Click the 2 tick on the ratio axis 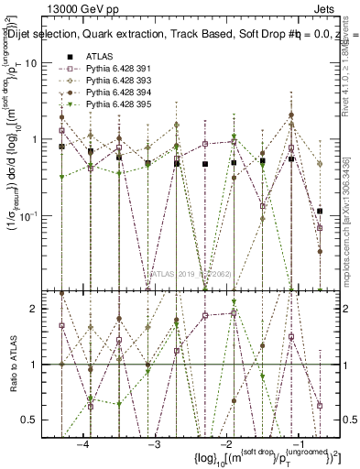tap(42, 310)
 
